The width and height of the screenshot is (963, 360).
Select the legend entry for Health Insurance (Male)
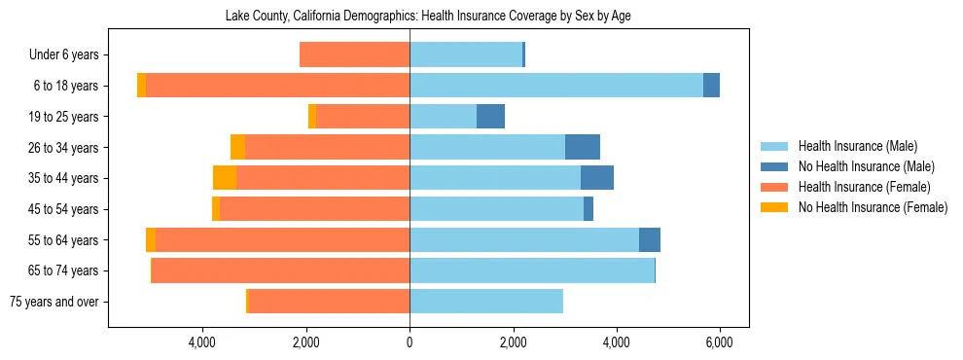(x=851, y=147)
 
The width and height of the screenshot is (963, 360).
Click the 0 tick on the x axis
(x=410, y=343)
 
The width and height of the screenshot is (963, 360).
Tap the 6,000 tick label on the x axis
(x=719, y=343)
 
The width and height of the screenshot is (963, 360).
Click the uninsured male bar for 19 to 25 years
(x=490, y=117)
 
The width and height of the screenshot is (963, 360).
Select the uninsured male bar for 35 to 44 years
(x=597, y=178)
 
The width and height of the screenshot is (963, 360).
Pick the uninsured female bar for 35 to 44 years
(x=225, y=178)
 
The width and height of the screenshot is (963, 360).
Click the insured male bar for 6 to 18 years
(x=555, y=86)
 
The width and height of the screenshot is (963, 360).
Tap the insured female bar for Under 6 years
(x=354, y=55)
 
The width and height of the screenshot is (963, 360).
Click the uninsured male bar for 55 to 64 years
(x=650, y=240)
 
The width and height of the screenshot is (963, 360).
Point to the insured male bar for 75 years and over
(x=486, y=302)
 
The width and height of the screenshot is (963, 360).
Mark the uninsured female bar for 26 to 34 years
(x=237, y=148)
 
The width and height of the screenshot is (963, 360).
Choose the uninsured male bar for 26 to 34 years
(x=583, y=148)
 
